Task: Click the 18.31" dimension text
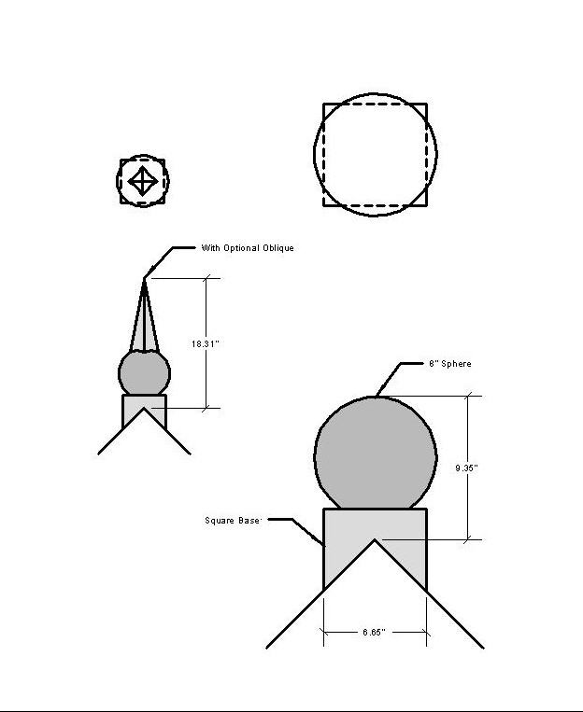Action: point(206,343)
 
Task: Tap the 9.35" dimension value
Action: point(466,468)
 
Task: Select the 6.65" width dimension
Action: point(375,632)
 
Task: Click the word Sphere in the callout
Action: point(456,364)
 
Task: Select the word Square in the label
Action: point(220,521)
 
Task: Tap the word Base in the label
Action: point(249,521)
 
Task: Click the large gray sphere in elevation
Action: point(376,454)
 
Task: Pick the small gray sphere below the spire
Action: point(144,373)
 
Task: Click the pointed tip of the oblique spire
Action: point(144,279)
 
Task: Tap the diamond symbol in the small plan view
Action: point(143,181)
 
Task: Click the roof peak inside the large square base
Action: point(375,540)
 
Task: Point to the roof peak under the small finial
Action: point(144,408)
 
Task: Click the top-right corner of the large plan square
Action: point(427,104)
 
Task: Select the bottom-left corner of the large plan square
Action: point(324,205)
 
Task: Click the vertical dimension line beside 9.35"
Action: point(468,468)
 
